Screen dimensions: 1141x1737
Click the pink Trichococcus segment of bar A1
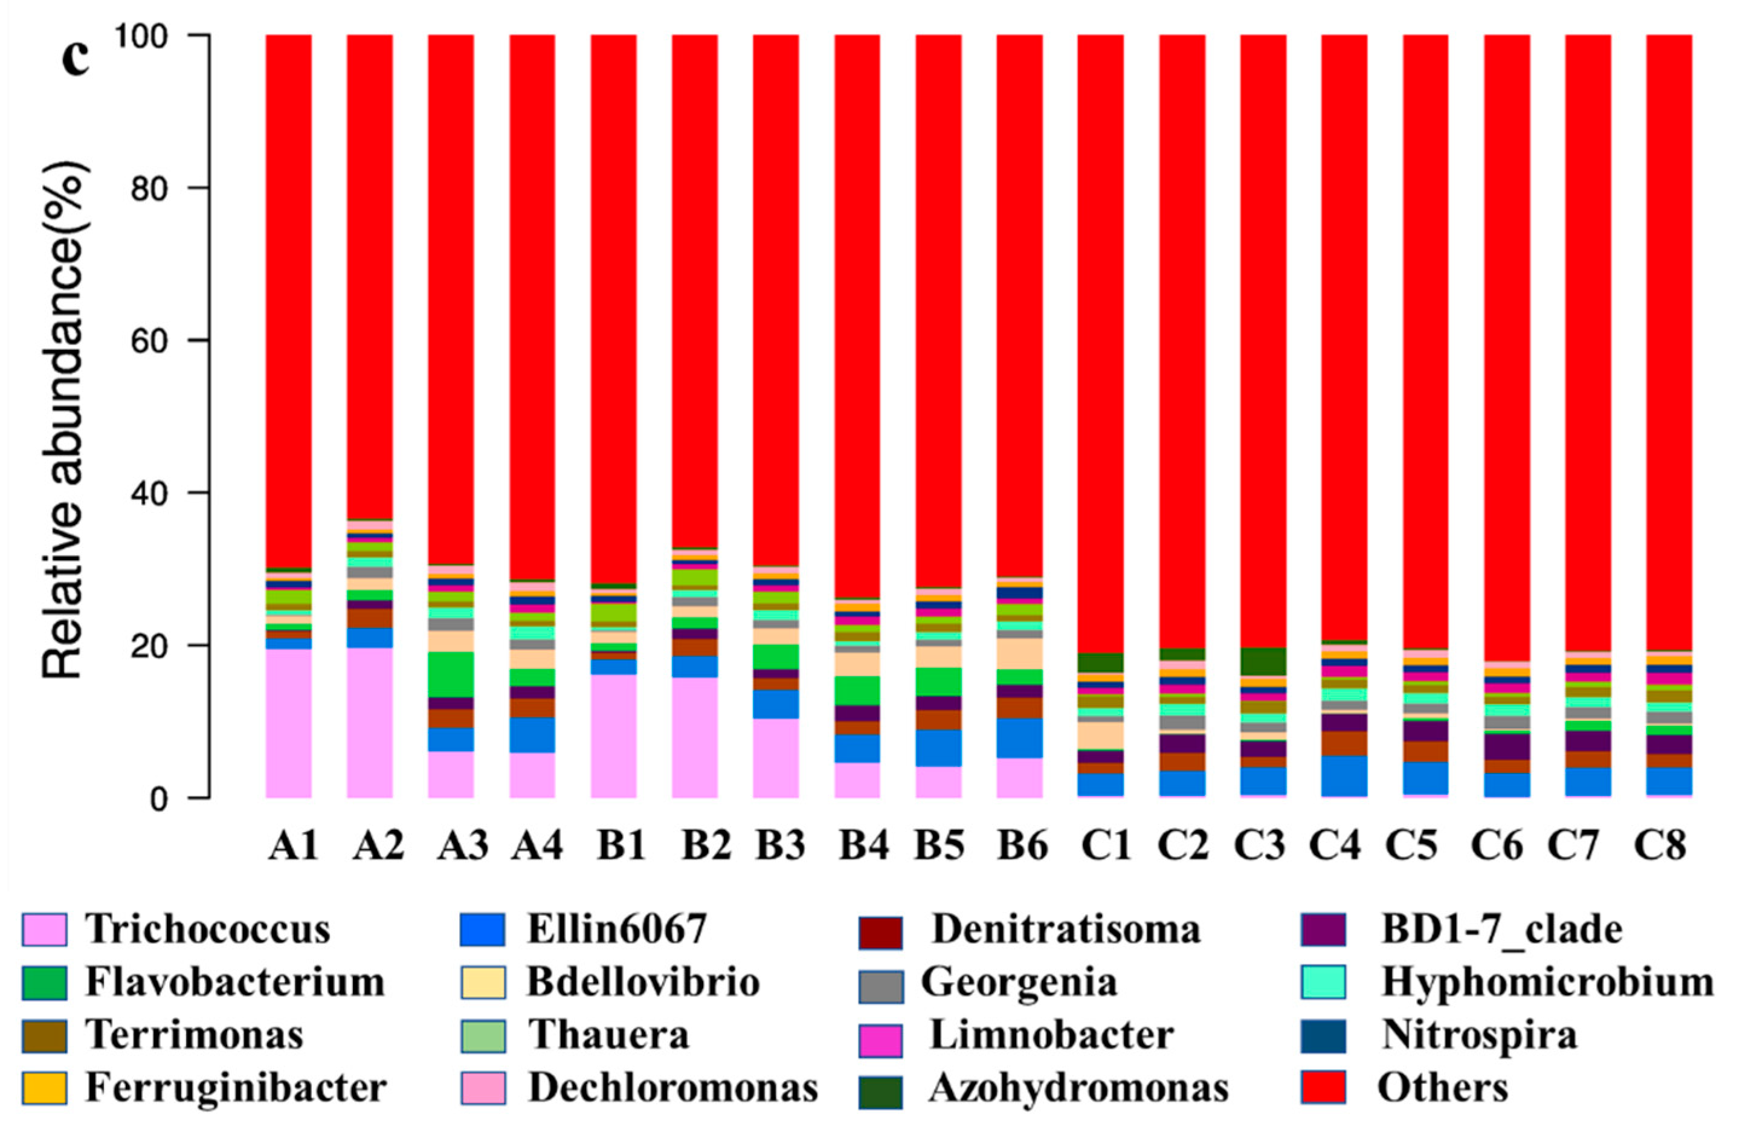click(288, 723)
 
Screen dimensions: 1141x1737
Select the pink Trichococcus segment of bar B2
click(695, 737)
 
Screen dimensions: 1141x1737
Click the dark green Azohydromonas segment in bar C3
click(1263, 661)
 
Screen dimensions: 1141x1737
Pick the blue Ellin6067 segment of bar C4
click(1344, 775)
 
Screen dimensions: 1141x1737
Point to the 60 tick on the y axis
click(164, 340)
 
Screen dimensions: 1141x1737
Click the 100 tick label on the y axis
click(152, 35)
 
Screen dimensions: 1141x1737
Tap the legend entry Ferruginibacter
click(236, 1088)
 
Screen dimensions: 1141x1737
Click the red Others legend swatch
click(1323, 1088)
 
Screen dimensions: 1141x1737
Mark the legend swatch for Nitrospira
click(1323, 1035)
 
